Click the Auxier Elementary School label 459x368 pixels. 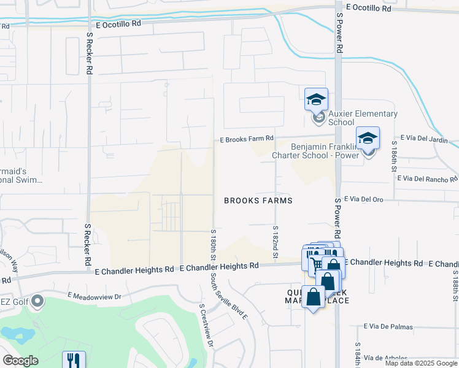click(363, 118)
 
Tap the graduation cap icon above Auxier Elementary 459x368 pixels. click(317, 99)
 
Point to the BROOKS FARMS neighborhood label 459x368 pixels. click(258, 201)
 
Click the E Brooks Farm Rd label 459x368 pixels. click(247, 140)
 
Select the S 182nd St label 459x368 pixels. click(275, 241)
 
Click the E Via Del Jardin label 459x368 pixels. click(424, 139)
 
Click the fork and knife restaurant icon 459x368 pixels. click(74, 359)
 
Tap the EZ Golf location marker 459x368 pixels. click(38, 301)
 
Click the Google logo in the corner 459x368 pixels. click(20, 361)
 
